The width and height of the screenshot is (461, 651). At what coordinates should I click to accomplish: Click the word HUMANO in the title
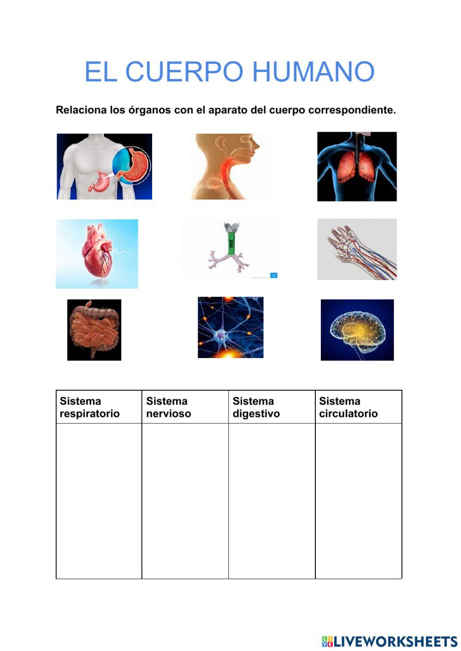click(x=313, y=72)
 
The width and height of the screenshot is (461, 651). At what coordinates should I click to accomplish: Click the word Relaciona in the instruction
click(x=81, y=110)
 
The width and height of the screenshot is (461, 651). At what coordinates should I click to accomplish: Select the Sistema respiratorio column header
click(x=90, y=407)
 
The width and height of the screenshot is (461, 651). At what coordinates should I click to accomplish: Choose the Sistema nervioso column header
click(x=169, y=407)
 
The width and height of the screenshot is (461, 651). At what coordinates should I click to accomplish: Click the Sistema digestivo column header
click(x=256, y=407)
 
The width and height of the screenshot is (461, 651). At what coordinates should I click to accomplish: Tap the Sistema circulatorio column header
click(x=349, y=407)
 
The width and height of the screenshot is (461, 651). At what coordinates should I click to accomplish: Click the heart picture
click(x=97, y=254)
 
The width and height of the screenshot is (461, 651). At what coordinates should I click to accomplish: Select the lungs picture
click(x=357, y=167)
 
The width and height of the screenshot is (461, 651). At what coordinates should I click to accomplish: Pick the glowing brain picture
click(x=357, y=330)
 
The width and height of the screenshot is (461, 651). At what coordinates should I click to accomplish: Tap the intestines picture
click(x=94, y=330)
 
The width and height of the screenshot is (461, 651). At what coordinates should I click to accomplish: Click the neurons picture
click(x=230, y=327)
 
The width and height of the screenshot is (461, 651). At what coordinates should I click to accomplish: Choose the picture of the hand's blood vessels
click(x=357, y=249)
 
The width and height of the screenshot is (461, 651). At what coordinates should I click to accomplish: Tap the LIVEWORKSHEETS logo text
click(x=396, y=641)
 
